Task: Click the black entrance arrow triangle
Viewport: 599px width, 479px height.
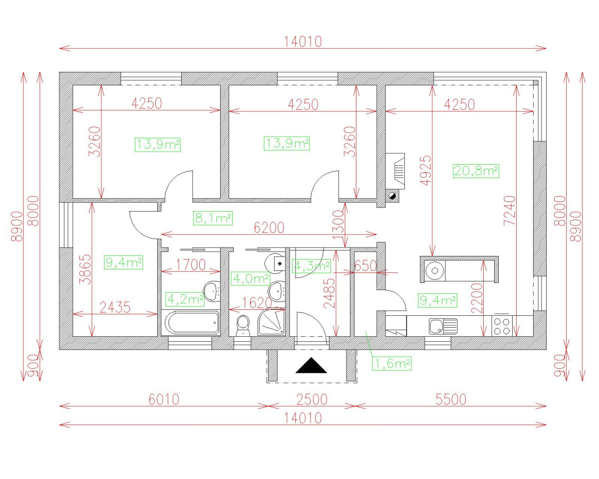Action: (311, 367)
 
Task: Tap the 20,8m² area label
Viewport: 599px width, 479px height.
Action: (476, 171)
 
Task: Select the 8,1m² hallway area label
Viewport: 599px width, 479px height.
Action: (213, 218)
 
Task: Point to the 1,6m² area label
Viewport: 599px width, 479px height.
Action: (392, 364)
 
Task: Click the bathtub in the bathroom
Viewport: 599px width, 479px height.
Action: (191, 323)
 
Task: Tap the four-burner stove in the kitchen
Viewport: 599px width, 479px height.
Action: (502, 326)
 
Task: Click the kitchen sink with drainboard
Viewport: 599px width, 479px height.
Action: (442, 326)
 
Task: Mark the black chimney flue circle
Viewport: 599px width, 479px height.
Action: (392, 196)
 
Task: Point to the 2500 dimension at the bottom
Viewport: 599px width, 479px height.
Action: (312, 399)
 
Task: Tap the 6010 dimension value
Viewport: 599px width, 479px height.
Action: (163, 399)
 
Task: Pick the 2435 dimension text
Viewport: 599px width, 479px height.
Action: (115, 307)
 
